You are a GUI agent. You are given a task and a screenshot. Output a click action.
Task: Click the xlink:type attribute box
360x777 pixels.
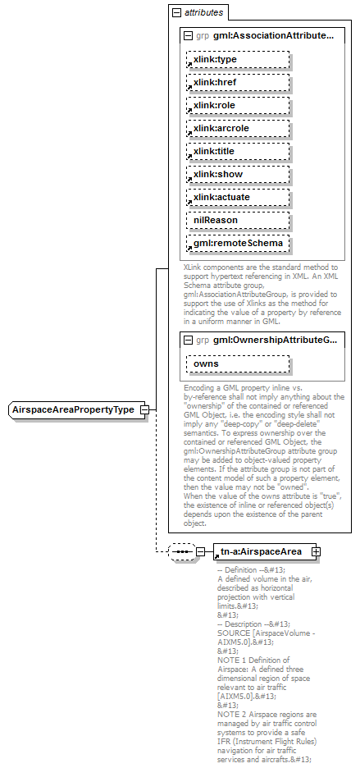coord(238,60)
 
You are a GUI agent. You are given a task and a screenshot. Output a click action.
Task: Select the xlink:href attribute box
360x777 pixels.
coord(238,83)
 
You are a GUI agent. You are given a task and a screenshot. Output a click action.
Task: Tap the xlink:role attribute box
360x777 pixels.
coord(238,106)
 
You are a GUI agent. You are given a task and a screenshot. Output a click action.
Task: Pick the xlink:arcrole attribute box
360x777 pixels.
coord(238,129)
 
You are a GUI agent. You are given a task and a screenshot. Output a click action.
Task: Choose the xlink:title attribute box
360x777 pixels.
coord(238,152)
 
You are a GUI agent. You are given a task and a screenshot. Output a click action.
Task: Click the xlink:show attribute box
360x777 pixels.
coord(238,175)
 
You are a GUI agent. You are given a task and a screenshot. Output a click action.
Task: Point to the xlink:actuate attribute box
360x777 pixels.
coord(238,198)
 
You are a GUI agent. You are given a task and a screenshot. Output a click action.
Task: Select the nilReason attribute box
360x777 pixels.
coord(238,221)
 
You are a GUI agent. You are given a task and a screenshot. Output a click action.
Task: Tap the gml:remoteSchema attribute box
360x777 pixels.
coord(238,244)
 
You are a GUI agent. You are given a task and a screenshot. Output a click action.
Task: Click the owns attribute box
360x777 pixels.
coord(238,363)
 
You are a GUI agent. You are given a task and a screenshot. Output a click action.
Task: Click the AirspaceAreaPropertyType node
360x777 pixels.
coord(73,410)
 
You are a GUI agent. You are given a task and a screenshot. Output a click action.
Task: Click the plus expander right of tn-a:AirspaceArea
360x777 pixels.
coord(316,552)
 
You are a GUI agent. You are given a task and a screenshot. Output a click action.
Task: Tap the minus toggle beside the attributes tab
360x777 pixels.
coord(175,13)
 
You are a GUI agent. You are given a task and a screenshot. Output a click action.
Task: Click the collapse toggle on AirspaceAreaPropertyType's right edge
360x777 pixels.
coord(144,410)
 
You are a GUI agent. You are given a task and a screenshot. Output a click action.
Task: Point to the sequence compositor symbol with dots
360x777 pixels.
coord(180,552)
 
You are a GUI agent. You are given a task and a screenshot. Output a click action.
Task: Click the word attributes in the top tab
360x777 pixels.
coord(202,13)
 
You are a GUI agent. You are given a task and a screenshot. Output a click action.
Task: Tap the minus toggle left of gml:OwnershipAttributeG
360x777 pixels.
coord(188,340)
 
